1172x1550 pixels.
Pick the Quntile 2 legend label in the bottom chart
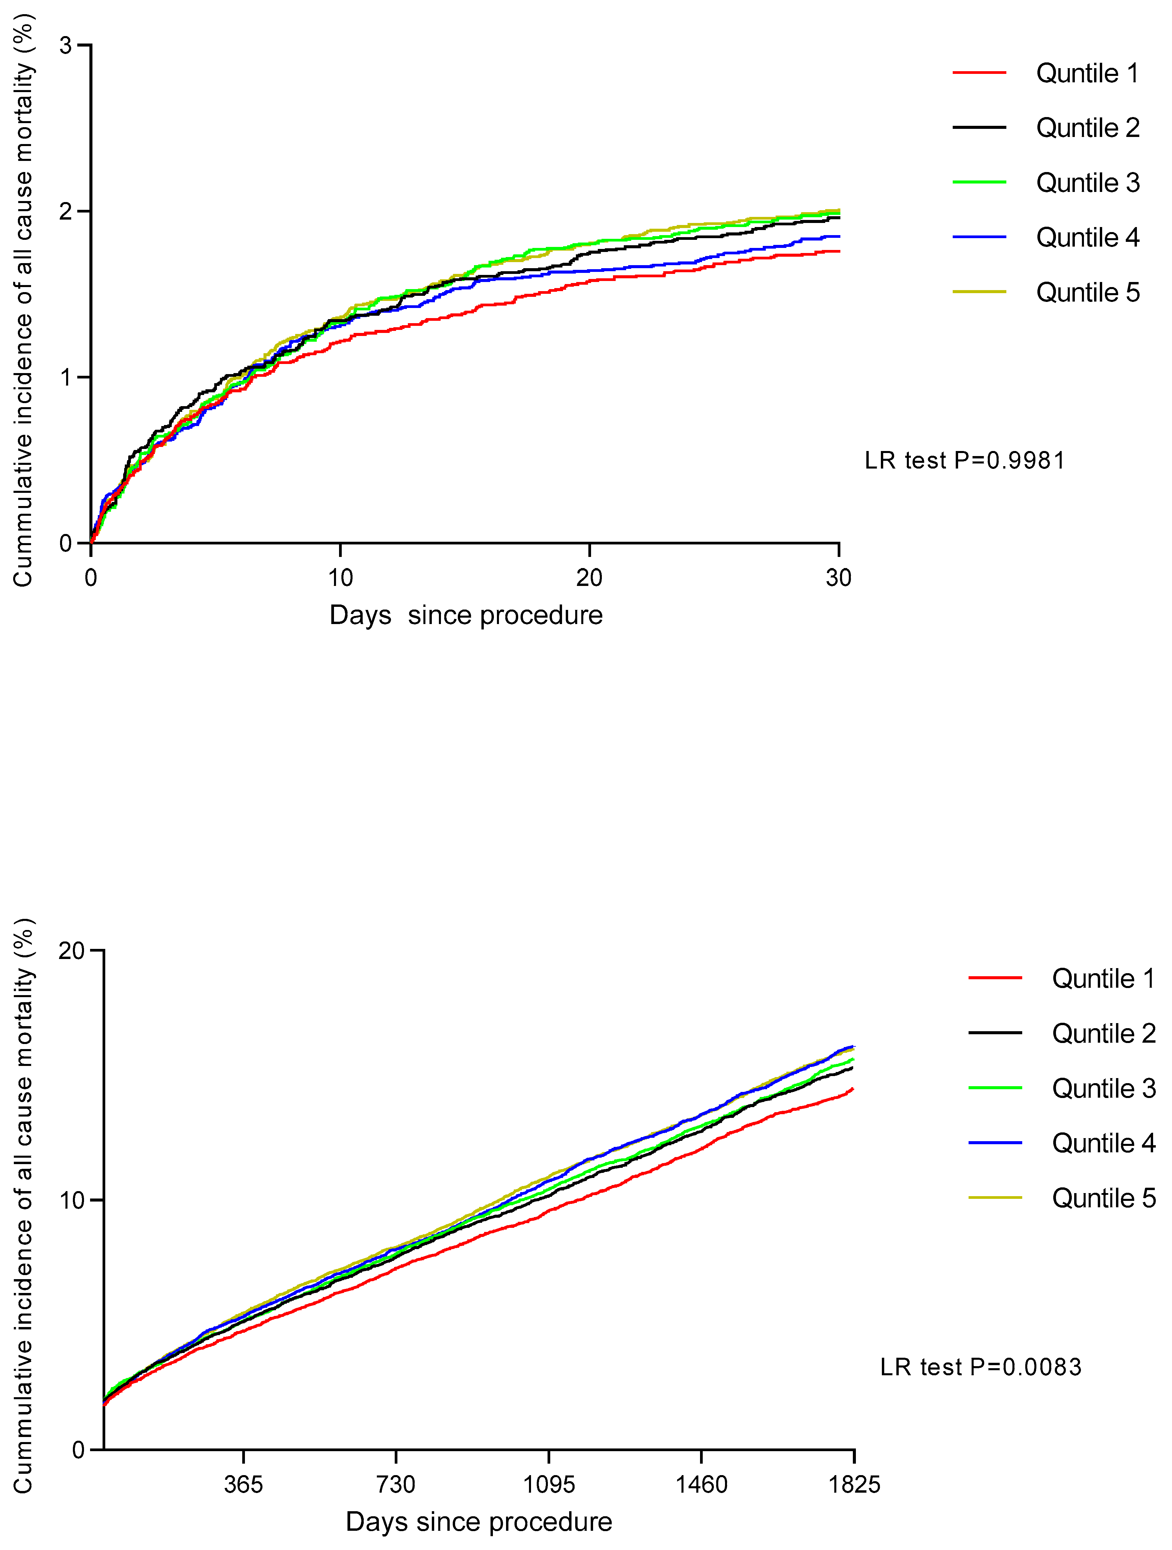point(1103,1034)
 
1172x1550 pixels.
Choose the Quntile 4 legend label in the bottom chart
point(1103,1143)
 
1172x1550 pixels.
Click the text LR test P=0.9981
point(965,460)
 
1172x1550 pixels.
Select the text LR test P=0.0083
point(981,1366)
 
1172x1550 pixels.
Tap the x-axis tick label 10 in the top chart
point(341,578)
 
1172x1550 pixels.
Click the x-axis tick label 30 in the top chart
point(838,578)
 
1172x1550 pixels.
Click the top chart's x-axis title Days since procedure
point(466,615)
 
